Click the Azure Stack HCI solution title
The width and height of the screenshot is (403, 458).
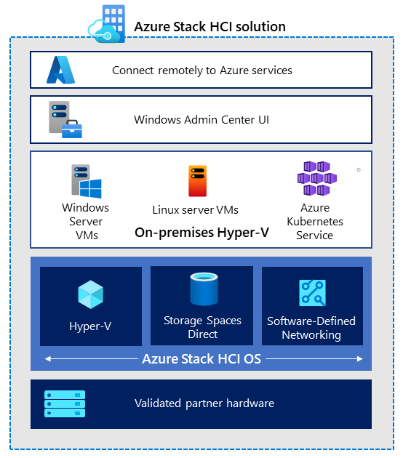(210, 27)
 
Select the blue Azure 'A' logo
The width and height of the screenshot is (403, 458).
(62, 70)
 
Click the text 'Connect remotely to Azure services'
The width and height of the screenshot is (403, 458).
(202, 71)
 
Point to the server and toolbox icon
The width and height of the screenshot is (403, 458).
(65, 120)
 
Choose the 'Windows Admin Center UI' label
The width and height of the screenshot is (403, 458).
(201, 119)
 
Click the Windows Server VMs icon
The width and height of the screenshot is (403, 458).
(85, 181)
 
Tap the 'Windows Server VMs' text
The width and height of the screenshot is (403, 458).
(85, 221)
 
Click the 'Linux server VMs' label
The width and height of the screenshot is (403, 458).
(196, 210)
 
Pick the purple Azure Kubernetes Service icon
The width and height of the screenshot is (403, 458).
(316, 179)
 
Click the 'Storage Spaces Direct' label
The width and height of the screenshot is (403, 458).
(202, 327)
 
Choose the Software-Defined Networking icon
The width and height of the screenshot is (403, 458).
(312, 293)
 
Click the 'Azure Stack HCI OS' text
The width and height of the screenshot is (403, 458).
(202, 358)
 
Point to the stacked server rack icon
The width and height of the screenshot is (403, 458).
(65, 403)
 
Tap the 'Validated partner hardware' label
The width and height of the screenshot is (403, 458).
(204, 403)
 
